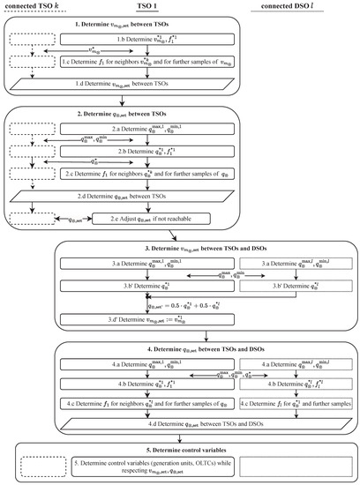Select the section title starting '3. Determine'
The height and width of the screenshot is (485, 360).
click(x=205, y=248)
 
